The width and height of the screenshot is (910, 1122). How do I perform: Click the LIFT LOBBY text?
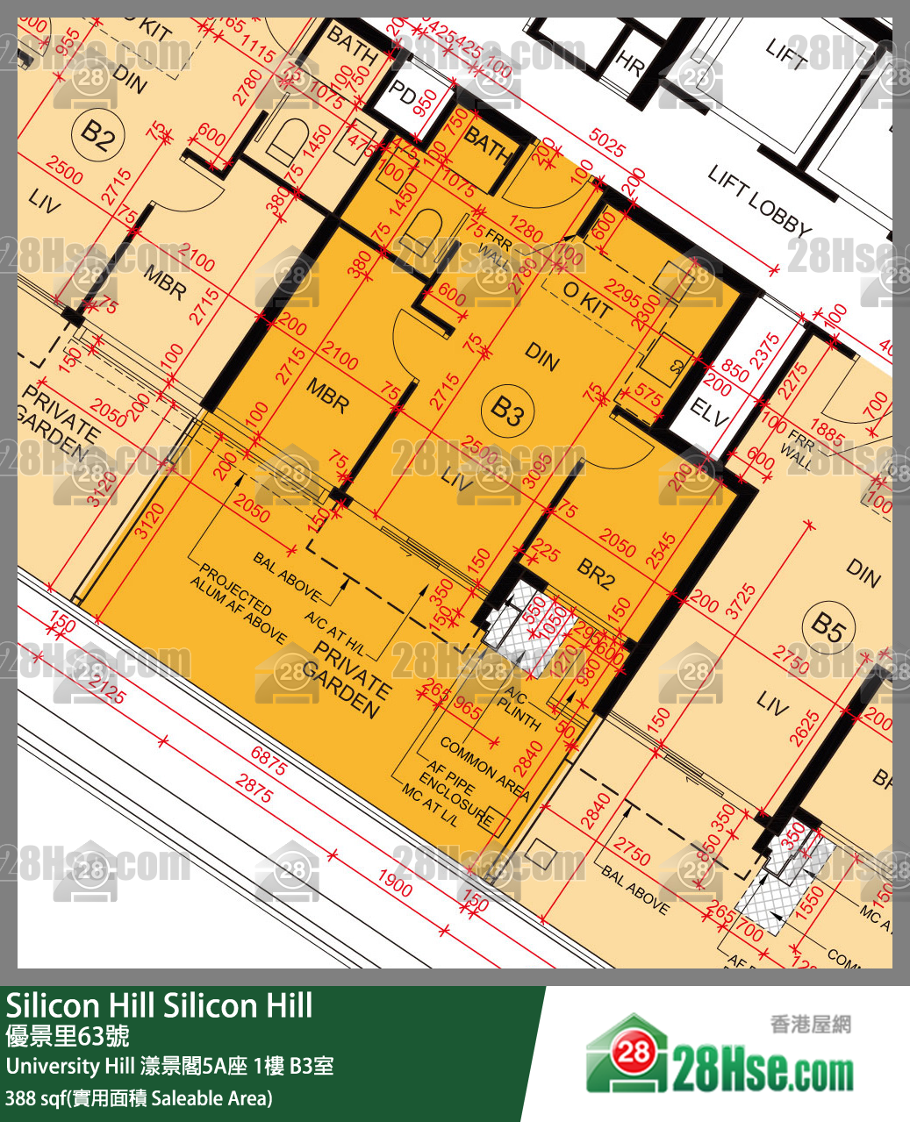pos(760,201)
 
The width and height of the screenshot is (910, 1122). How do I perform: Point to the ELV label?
pos(709,411)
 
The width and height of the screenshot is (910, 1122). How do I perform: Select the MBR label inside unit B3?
pos(326,397)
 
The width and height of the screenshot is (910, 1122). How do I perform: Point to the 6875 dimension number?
pos(269,761)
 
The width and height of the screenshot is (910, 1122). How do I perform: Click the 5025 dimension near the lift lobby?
pos(607,143)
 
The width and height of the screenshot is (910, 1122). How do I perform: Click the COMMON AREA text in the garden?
pos(484,769)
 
